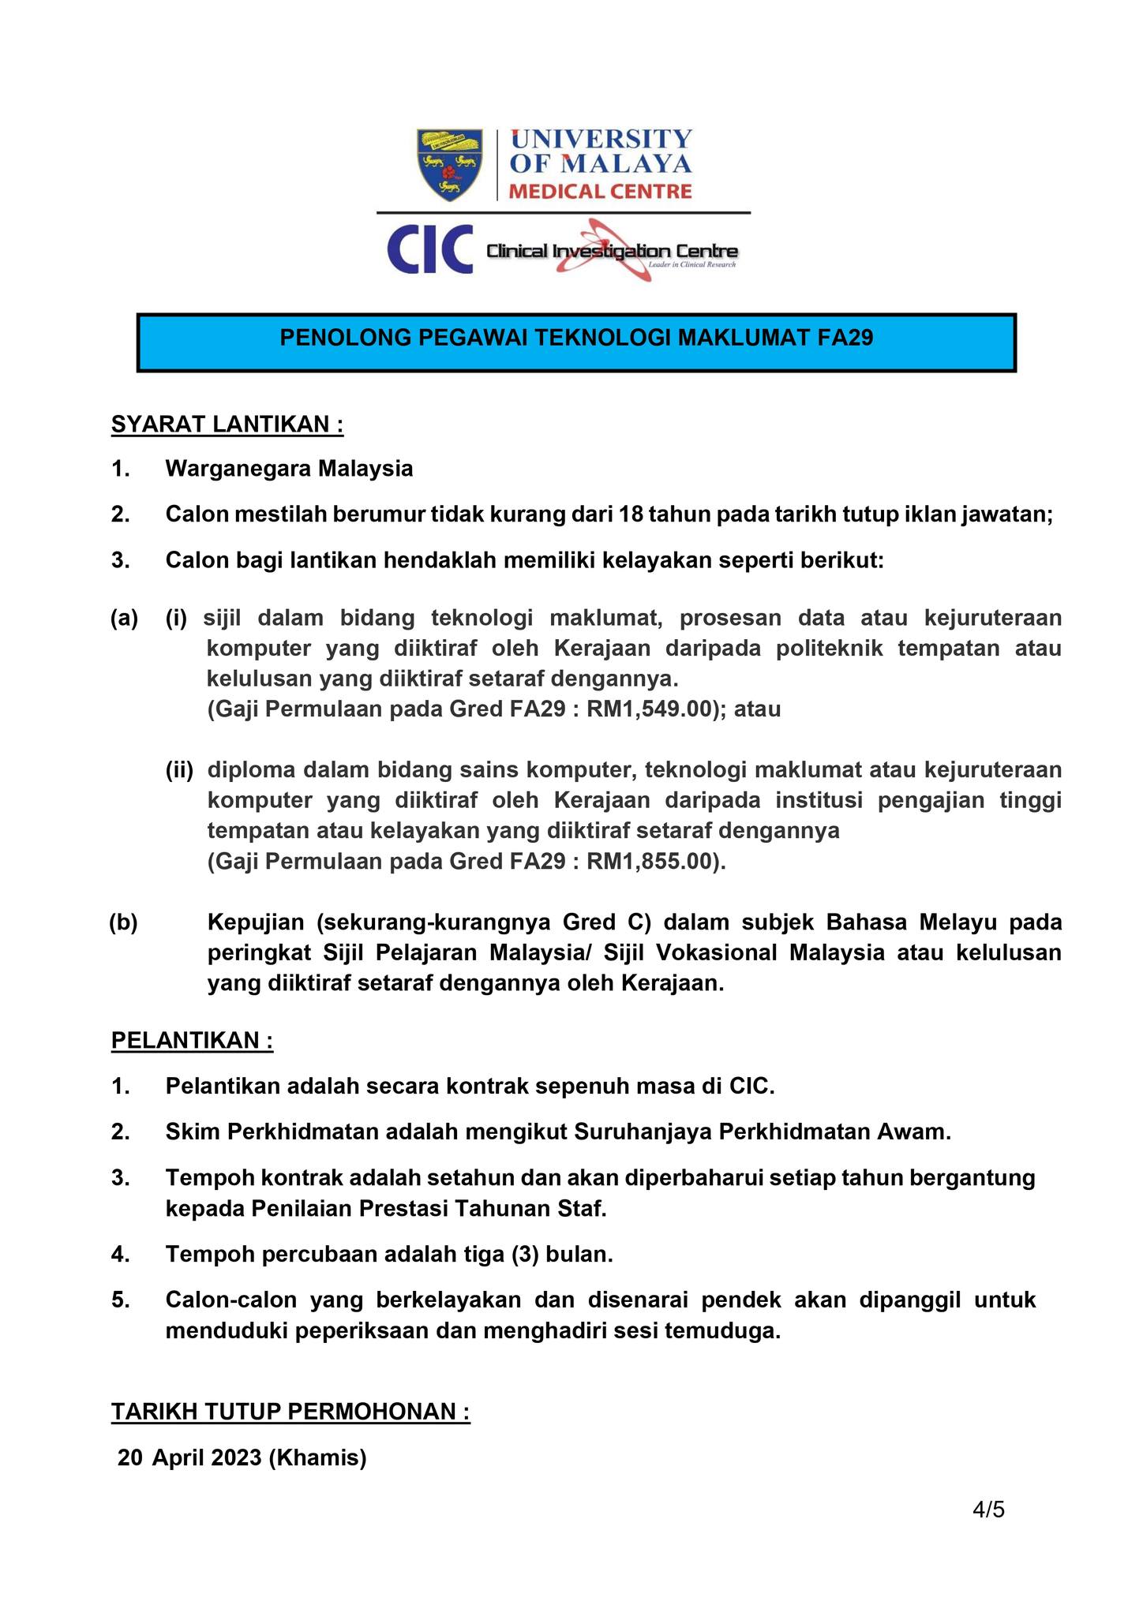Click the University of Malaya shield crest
pos(449,164)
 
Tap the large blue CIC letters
pos(429,249)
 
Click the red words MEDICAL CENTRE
pos(600,191)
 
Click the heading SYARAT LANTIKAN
pos(227,425)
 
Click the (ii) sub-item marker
pos(179,769)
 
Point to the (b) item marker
pos(123,922)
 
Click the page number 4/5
pos(988,1510)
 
